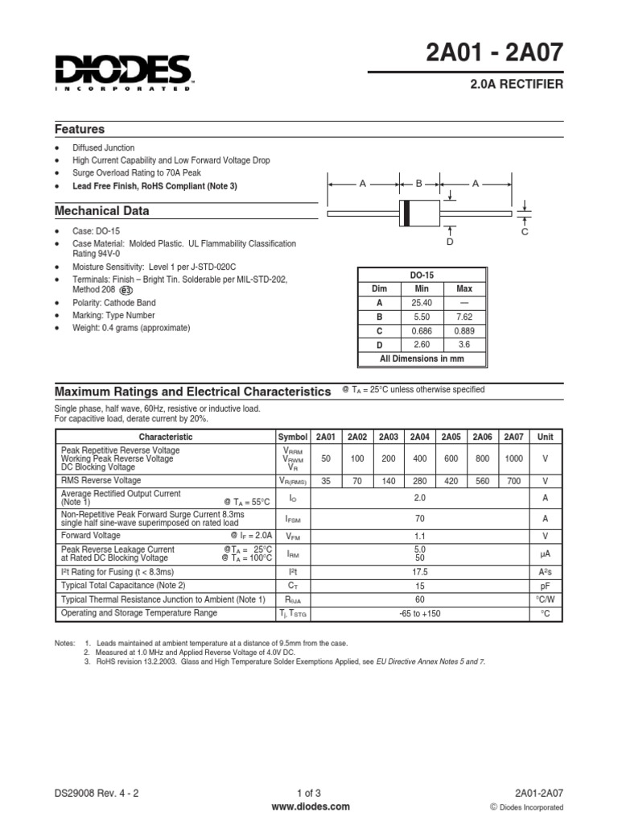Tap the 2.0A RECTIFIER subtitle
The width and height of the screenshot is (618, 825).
(x=516, y=84)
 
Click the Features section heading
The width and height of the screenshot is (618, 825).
(x=80, y=129)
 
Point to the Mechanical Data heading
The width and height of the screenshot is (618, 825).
(x=101, y=211)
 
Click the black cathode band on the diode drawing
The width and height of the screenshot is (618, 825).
(x=406, y=212)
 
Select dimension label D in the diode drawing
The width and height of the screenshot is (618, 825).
(x=450, y=242)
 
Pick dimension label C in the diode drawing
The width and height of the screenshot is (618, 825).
(x=524, y=232)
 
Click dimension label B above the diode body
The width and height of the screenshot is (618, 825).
(x=418, y=184)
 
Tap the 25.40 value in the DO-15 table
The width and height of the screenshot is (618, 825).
(x=422, y=302)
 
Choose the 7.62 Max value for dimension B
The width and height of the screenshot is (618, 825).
(x=464, y=317)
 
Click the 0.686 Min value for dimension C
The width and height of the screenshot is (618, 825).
(x=422, y=330)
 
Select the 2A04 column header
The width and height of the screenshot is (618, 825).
(x=419, y=437)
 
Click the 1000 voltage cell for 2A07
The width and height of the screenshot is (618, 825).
(x=513, y=457)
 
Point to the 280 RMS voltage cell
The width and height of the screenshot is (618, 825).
(x=419, y=479)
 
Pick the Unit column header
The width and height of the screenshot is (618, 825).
(x=546, y=437)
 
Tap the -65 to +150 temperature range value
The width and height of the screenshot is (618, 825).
(x=419, y=613)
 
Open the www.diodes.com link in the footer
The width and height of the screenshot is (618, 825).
(x=310, y=806)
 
